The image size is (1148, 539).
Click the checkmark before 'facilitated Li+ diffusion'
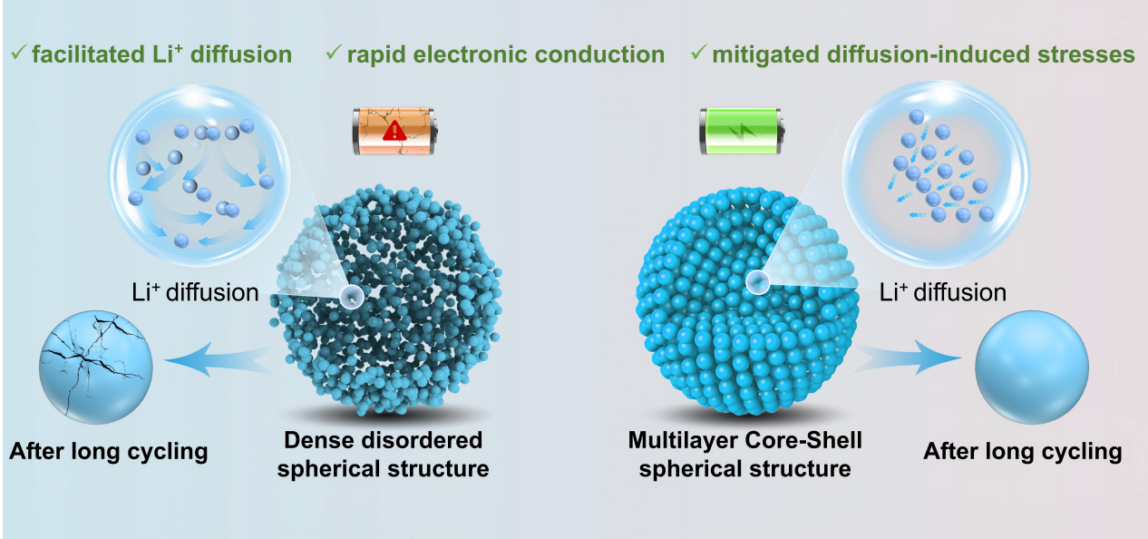16,54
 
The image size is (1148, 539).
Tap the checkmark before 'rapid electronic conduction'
332,54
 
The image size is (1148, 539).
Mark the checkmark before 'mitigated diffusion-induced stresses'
697,54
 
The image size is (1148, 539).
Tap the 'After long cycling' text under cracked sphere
109,451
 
